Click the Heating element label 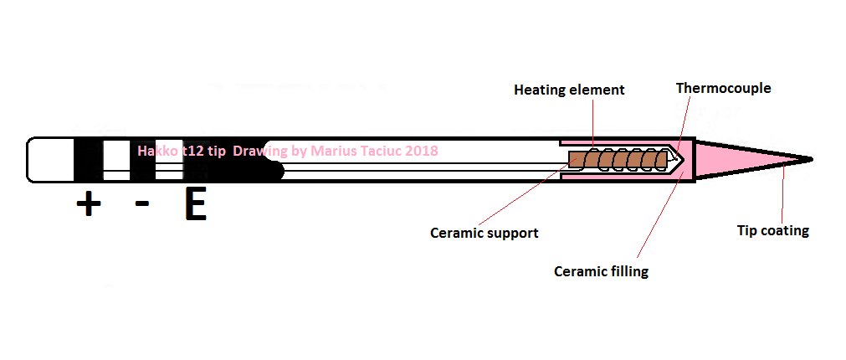coord(569,90)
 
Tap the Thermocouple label coord(723,88)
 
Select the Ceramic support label coord(484,233)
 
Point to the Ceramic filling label coord(601,271)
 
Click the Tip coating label coord(772,230)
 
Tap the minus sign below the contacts coord(142,203)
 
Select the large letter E coord(195,206)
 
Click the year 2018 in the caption coord(422,151)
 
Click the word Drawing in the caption coord(260,151)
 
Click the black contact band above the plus coord(87,159)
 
